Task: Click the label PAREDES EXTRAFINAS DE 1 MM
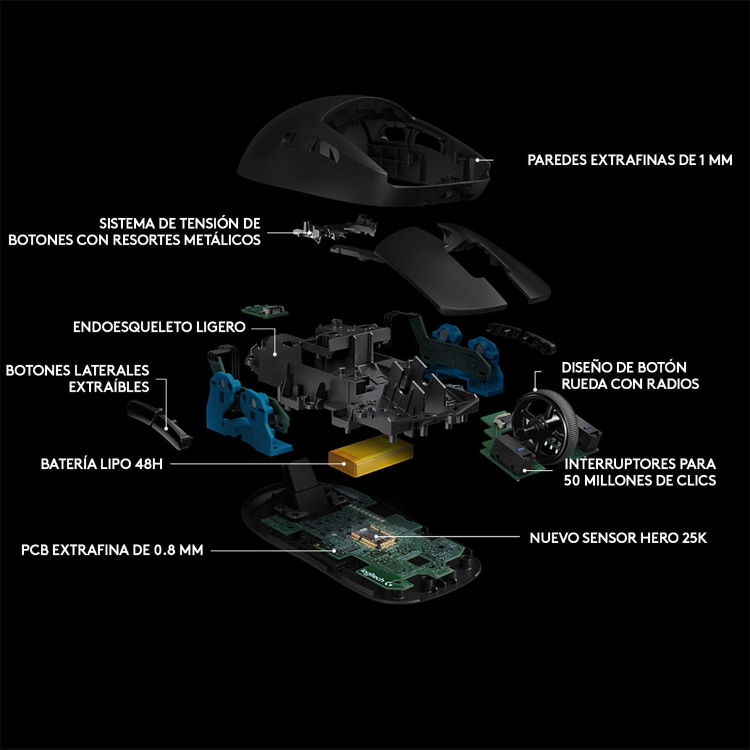coord(630,160)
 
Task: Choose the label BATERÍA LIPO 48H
coord(101,463)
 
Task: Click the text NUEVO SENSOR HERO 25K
coord(618,538)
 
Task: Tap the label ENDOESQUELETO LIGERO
coord(159,327)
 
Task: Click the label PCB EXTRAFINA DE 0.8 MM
coord(112,549)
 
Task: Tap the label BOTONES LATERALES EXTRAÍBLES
coord(77,378)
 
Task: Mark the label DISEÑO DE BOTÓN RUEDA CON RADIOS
coord(630,376)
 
